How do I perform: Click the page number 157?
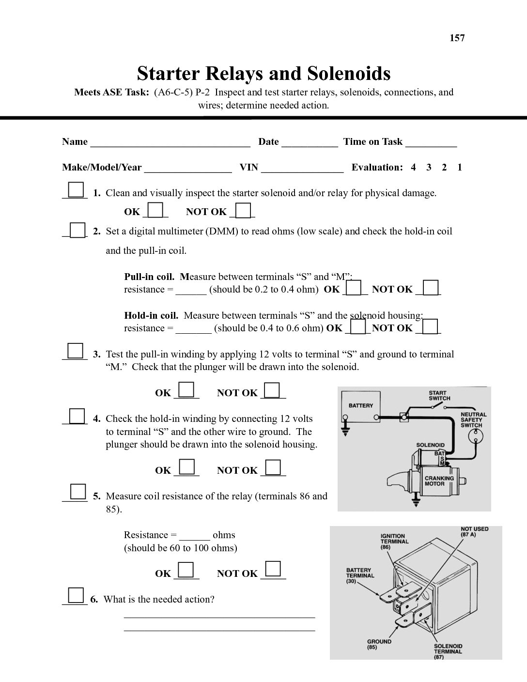click(457, 38)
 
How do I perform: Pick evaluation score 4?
click(413, 168)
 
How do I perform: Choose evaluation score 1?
click(460, 168)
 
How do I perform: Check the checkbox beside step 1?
click(76, 189)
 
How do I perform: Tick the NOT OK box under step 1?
click(244, 211)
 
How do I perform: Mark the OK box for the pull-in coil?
click(355, 288)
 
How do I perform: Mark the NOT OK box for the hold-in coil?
click(431, 326)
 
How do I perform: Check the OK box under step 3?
click(186, 390)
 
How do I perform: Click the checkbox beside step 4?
click(76, 416)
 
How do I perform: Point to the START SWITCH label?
click(439, 396)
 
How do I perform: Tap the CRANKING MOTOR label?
click(439, 480)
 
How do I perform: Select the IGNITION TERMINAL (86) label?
click(394, 542)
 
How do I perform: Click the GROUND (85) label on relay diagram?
click(379, 644)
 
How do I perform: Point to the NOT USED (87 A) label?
click(474, 532)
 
